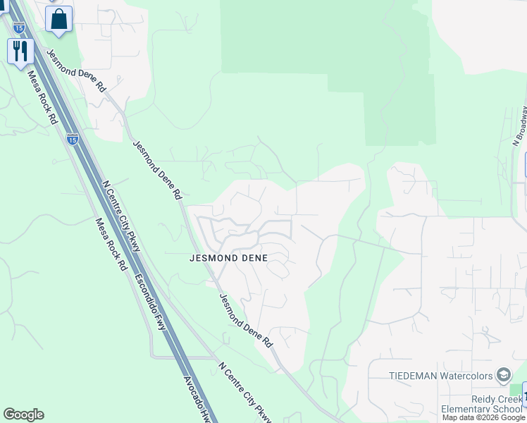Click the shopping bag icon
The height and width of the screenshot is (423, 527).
tap(59, 18)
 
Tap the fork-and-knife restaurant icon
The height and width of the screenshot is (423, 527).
tap(20, 51)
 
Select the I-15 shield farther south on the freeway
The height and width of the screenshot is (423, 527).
tap(73, 139)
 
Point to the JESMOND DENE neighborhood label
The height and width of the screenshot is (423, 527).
tap(229, 258)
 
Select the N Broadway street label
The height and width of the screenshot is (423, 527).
tap(519, 125)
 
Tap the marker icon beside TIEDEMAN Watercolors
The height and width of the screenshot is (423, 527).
tap(503, 374)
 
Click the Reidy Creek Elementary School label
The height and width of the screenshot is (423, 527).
tap(480, 405)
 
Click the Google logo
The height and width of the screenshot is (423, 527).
tap(23, 415)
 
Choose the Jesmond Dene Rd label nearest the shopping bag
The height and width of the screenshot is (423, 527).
tap(76, 71)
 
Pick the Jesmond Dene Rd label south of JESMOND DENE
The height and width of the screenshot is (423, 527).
tap(246, 321)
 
